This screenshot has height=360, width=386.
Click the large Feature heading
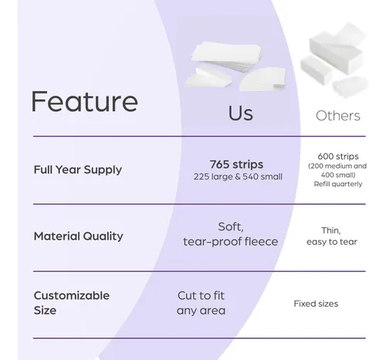tap(84, 101)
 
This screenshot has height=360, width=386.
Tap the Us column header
tap(241, 114)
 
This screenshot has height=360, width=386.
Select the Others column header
tap(338, 116)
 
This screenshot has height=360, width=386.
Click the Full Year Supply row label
tap(78, 170)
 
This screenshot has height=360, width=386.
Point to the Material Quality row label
tap(79, 236)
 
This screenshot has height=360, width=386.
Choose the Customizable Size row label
tap(72, 303)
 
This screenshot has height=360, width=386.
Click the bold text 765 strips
tap(236, 165)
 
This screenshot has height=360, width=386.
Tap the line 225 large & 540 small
tap(238, 177)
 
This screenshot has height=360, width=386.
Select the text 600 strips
tap(338, 156)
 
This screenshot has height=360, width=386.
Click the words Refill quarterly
tap(338, 184)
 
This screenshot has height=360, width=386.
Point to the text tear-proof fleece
tap(231, 242)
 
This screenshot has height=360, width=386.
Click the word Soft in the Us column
tap(230, 226)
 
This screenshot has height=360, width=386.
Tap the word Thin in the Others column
tap(330, 230)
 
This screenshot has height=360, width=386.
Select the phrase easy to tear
tap(332, 242)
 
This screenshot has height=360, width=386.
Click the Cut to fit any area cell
tap(201, 303)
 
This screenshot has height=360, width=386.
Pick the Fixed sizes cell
tap(316, 304)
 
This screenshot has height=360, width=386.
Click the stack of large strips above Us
tap(226, 56)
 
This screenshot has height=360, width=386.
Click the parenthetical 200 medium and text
tap(337, 166)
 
